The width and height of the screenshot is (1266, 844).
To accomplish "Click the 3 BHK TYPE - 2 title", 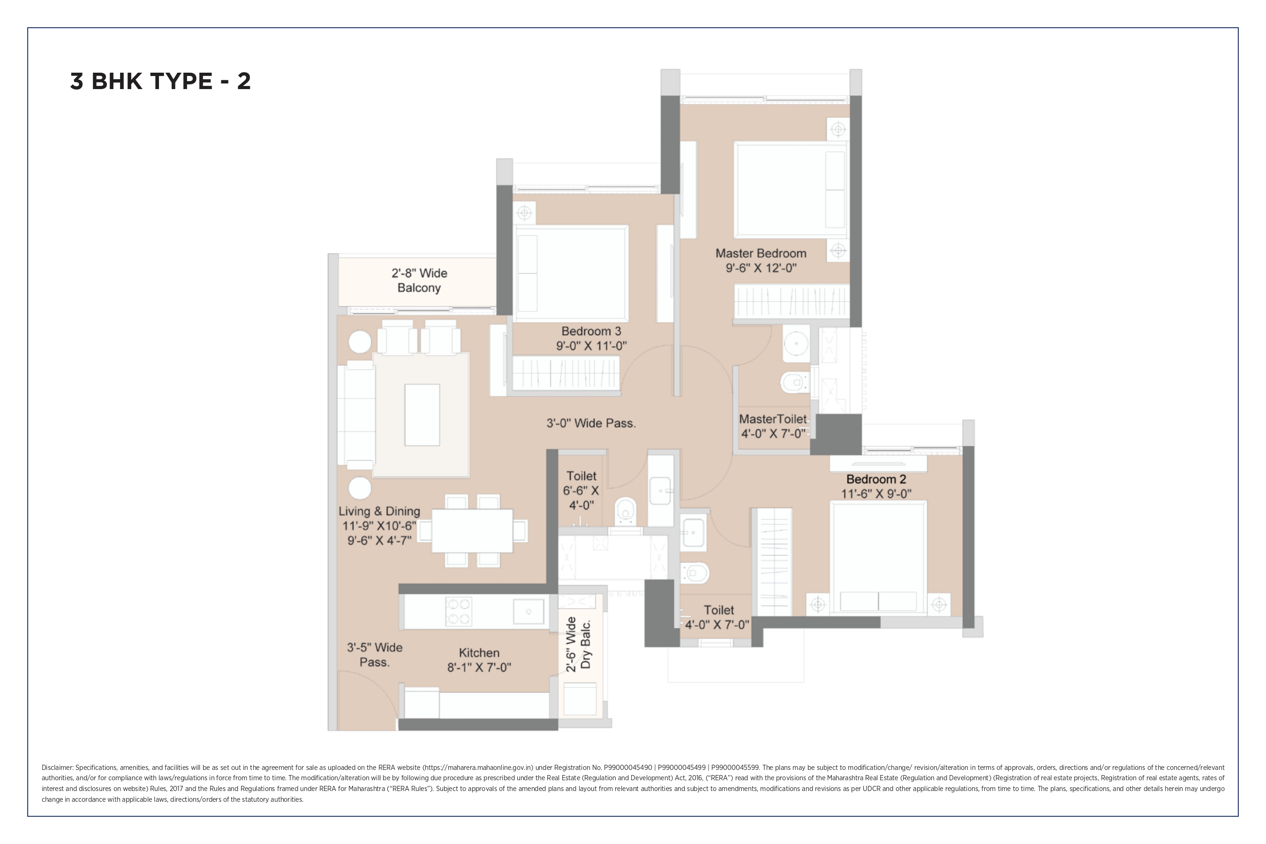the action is pyautogui.click(x=160, y=81).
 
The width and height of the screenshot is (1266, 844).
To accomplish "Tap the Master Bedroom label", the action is pyautogui.click(x=761, y=254).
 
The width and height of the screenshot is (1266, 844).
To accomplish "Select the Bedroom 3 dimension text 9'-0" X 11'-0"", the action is pyautogui.click(x=592, y=346).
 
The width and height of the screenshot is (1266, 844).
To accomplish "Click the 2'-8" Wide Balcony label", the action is pyautogui.click(x=419, y=280).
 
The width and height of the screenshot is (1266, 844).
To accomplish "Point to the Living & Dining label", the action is pyautogui.click(x=379, y=512).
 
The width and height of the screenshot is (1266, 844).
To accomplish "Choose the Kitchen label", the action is pyautogui.click(x=479, y=653).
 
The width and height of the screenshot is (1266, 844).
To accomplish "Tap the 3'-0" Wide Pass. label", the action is pyautogui.click(x=591, y=423).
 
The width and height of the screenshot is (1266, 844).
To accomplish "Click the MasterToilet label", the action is pyautogui.click(x=773, y=419).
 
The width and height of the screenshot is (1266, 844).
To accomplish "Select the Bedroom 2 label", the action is pyautogui.click(x=876, y=479).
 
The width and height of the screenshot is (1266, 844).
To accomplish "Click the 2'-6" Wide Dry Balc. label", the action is pyautogui.click(x=579, y=644).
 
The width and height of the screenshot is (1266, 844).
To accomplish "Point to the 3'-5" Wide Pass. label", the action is pyautogui.click(x=375, y=655).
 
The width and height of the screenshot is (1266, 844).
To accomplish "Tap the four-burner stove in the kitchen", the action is pyautogui.click(x=459, y=611).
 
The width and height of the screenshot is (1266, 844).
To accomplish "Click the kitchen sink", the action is pyautogui.click(x=528, y=612).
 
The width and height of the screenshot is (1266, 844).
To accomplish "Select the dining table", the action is pyautogui.click(x=472, y=531).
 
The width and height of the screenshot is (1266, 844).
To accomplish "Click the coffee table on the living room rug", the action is pyautogui.click(x=422, y=415).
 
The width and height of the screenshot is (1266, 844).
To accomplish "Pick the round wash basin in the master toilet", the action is pyautogui.click(x=796, y=342).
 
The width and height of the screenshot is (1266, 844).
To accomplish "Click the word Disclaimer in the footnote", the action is pyautogui.click(x=57, y=768).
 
